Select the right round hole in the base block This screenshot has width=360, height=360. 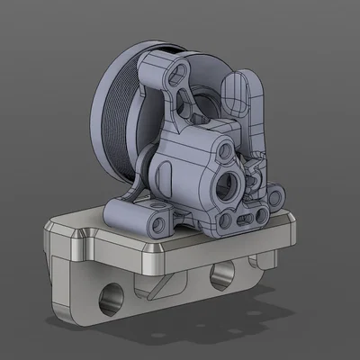(219, 276)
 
